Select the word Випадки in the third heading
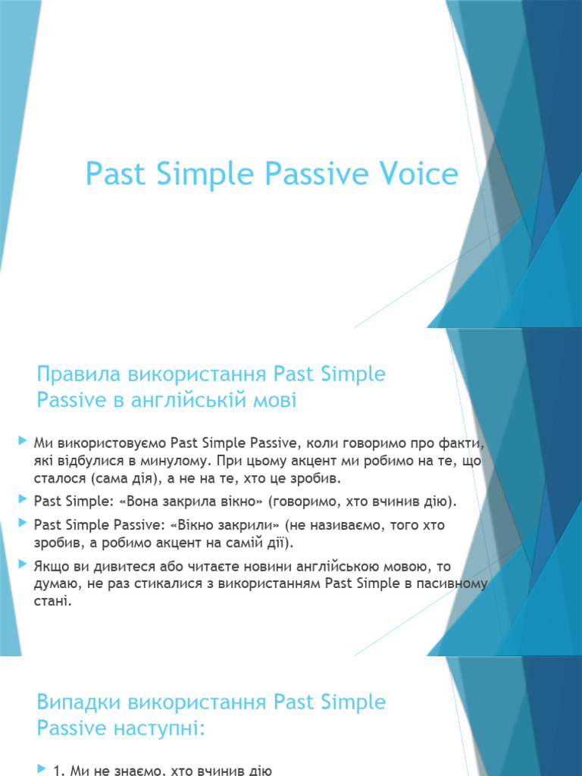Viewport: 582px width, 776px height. (x=83, y=702)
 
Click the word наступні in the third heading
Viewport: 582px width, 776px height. (x=157, y=727)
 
